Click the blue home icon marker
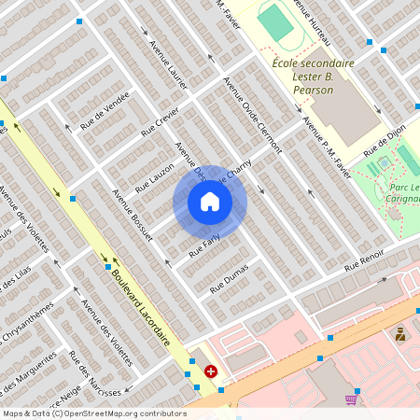point(210,202)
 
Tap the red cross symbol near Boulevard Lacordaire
point(211,371)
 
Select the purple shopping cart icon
point(351,399)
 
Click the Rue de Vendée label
point(105,117)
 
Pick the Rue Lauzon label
point(154,177)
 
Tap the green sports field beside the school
point(275,22)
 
